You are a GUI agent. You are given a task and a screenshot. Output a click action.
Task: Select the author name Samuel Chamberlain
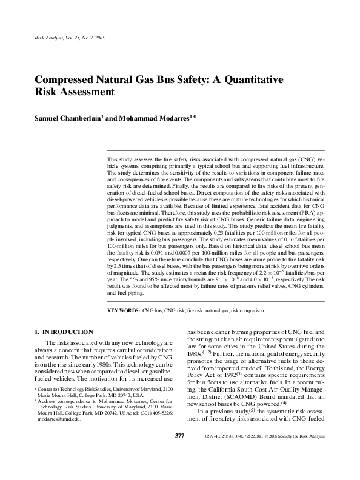click(68, 118)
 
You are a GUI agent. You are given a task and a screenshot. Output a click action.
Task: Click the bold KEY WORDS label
click(123, 310)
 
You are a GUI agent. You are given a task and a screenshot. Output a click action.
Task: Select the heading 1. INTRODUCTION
click(64, 332)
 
